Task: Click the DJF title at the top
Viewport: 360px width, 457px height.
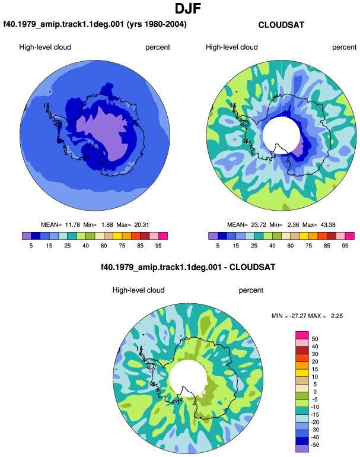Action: point(188,8)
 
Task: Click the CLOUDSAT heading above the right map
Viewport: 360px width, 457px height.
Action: point(281,25)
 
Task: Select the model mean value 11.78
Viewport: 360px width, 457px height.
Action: point(72,225)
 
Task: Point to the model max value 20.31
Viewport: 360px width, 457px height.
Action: point(142,225)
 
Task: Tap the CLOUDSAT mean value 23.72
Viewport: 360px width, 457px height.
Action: point(259,225)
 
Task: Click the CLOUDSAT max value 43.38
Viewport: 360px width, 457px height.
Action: point(328,225)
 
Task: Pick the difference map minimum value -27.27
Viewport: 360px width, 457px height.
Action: point(298,316)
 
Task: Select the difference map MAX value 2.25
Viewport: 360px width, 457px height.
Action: point(337,316)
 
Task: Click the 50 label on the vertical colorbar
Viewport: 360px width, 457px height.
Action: point(315,339)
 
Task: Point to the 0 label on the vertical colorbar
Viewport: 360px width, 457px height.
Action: point(315,392)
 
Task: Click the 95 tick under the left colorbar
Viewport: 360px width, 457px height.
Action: point(158,246)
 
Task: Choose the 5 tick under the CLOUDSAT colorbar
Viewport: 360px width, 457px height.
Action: point(218,246)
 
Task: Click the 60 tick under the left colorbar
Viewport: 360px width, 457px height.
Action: point(104,246)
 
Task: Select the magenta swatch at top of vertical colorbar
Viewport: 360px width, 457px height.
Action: point(302,335)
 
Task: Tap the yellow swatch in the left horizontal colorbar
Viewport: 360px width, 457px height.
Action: point(117,236)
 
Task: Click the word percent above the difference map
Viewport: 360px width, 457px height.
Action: point(251,290)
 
